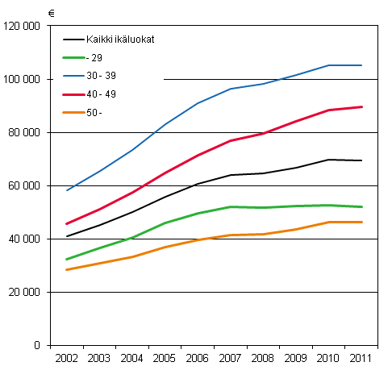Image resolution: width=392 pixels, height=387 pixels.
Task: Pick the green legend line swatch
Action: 74,58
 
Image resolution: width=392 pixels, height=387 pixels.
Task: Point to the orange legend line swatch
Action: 74,113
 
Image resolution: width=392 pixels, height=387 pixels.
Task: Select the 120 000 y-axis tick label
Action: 23,26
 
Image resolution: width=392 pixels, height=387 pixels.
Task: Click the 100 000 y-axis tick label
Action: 23,79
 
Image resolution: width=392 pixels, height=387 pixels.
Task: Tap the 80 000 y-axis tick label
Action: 25,132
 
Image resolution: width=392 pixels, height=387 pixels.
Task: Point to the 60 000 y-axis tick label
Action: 25,185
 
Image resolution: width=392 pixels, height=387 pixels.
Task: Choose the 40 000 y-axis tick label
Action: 25,239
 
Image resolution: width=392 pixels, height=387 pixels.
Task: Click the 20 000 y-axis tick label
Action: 25,292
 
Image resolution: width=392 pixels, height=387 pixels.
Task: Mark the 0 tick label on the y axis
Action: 37,345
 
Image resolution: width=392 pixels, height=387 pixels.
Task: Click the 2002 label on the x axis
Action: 67,358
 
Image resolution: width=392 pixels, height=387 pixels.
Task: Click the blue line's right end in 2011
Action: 361,65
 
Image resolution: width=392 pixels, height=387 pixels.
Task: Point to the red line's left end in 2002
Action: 66,223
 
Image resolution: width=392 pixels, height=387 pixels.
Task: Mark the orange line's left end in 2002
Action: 66,269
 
